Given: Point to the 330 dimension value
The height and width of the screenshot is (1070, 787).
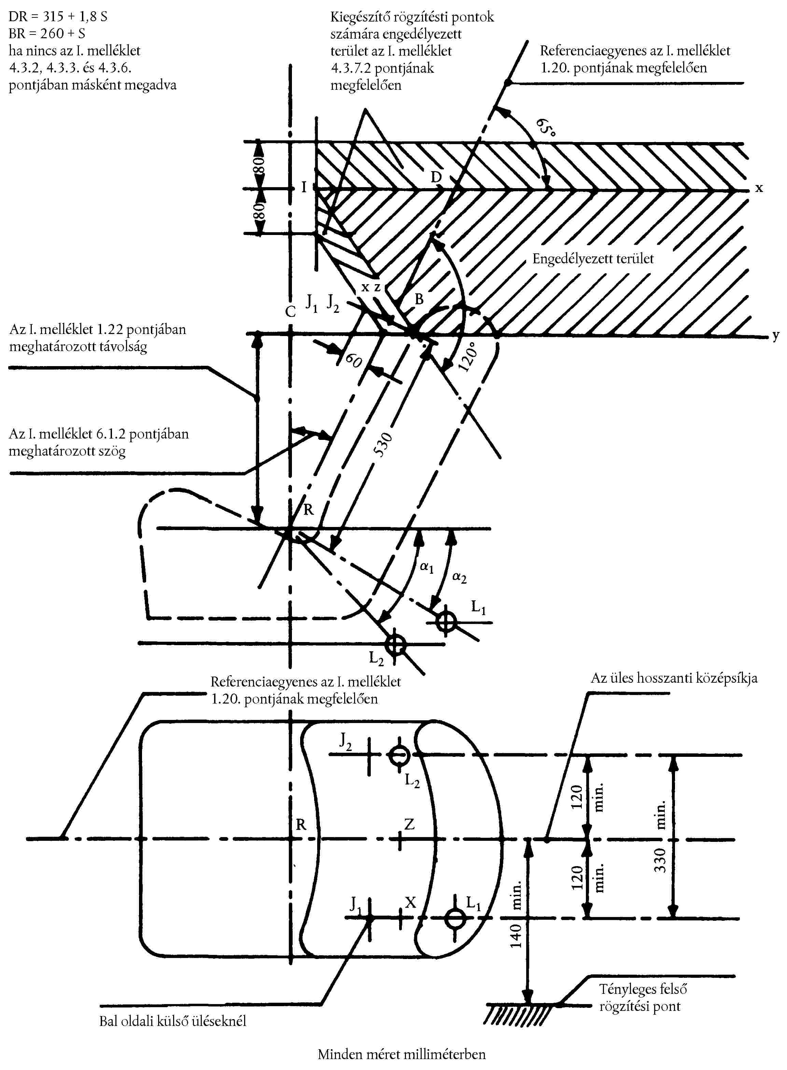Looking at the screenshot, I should (660, 860).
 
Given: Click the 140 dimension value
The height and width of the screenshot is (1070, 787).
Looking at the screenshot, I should (516, 936).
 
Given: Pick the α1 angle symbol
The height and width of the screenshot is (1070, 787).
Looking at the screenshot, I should (426, 567).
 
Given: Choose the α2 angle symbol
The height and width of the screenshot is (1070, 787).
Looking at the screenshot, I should (459, 577).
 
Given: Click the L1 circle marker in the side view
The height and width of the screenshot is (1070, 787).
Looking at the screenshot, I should (446, 621).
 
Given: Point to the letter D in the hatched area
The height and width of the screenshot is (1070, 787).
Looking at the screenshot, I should (436, 177).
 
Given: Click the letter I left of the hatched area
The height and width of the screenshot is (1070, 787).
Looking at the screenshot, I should (304, 187).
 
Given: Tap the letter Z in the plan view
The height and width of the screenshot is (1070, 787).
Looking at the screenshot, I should (409, 824).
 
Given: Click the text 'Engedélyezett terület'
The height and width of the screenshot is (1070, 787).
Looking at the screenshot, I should (593, 259).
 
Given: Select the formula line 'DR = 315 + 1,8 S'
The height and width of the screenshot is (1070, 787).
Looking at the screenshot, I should (58, 17).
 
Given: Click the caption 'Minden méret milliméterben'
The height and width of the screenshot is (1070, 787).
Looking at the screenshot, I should (402, 1054).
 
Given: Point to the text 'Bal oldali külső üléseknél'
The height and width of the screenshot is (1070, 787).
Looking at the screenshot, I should (172, 1021).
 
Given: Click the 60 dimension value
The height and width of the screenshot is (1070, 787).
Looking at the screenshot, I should (354, 360).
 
